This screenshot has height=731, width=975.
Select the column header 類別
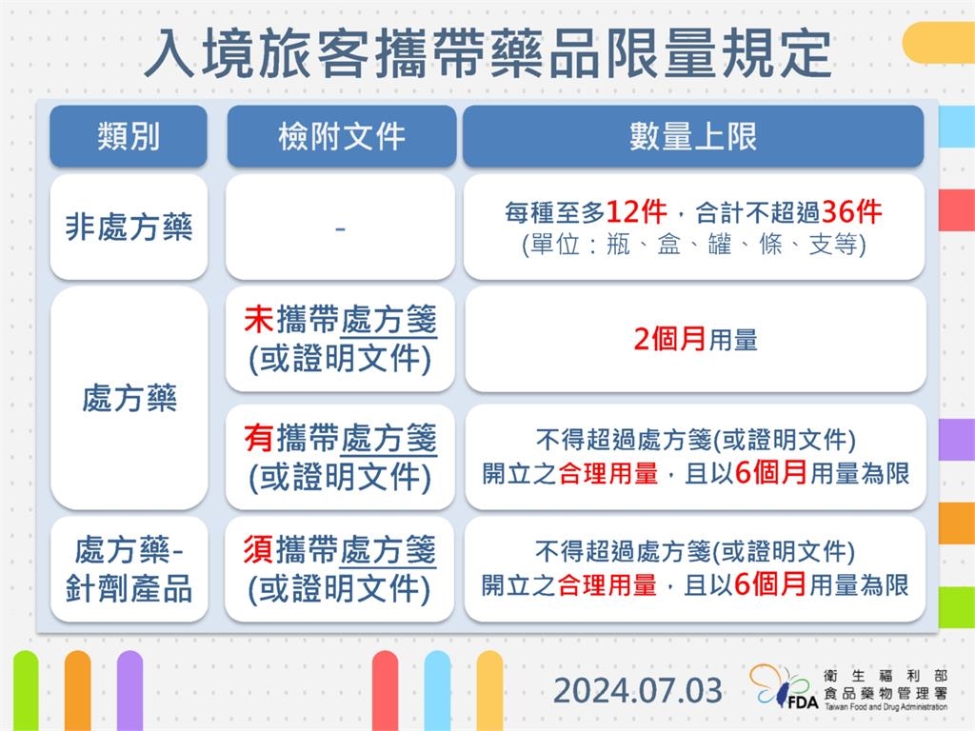129,136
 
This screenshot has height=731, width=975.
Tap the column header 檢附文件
342,136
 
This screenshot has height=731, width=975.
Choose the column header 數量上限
693,136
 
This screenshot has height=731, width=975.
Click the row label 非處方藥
129,227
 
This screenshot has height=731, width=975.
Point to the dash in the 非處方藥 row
340,228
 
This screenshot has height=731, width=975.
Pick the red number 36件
851,211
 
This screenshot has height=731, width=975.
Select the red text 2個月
669,340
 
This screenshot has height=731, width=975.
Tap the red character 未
259,320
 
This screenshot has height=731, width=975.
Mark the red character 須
259,550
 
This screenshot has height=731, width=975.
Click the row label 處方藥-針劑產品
129,569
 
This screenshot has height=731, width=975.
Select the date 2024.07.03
638,690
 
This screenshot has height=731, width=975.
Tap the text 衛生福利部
885,674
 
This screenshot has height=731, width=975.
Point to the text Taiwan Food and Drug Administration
885,706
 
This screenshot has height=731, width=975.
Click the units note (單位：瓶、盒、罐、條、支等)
693,245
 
